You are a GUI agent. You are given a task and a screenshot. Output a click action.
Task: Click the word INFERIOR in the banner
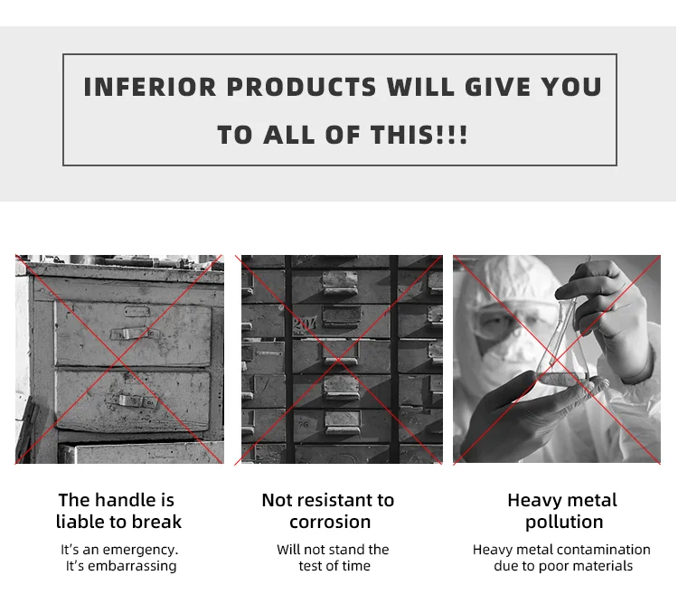pos(149,87)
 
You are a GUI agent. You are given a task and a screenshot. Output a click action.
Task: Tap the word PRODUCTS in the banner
pos(301,87)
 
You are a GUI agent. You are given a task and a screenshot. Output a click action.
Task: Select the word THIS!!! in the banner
pos(419,135)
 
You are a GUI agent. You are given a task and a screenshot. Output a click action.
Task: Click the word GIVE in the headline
pos(497,87)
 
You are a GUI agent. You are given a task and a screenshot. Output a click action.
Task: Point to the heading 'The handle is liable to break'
pos(118,511)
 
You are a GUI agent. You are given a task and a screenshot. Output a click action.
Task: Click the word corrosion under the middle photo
pos(330,523)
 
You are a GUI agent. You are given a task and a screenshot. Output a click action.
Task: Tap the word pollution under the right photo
pos(564,523)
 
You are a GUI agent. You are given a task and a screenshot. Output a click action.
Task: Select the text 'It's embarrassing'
pos(121,566)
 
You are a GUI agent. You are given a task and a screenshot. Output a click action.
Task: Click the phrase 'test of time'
pos(334,566)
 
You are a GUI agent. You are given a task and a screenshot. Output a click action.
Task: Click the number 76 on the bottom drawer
pos(303,424)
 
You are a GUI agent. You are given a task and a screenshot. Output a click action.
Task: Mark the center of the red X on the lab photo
pos(557,360)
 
